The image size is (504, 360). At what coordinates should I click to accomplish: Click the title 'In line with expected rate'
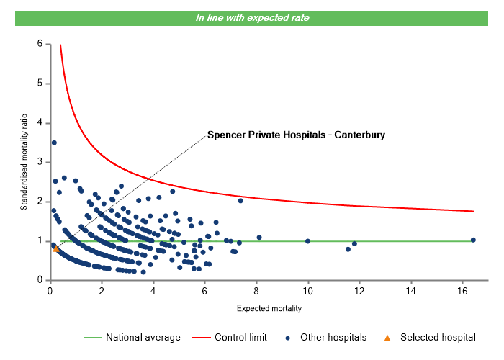(x=252, y=18)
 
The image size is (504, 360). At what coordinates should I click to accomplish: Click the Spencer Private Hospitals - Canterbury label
(x=296, y=134)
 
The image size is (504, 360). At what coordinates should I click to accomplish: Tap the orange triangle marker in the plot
(x=57, y=249)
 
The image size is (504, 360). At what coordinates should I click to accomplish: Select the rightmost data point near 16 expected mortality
(x=473, y=240)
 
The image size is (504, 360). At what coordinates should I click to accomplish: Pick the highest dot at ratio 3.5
(x=54, y=143)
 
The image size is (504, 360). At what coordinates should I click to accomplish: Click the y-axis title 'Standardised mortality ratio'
(x=24, y=162)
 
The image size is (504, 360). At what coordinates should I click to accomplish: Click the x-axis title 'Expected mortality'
(x=269, y=309)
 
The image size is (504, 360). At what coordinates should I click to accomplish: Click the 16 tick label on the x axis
(x=463, y=292)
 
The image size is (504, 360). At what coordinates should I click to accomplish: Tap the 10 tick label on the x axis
(x=308, y=292)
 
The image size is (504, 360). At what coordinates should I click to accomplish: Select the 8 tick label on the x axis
(x=256, y=292)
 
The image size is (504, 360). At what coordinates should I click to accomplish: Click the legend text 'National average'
(x=143, y=337)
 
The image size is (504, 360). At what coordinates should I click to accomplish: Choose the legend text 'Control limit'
(x=241, y=337)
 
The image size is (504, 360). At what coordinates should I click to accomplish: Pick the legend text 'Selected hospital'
(x=438, y=337)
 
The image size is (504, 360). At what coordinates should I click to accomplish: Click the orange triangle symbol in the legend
(x=386, y=337)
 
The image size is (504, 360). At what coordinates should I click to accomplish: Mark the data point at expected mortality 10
(x=308, y=241)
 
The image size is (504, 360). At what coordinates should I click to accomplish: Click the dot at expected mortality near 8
(x=259, y=238)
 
